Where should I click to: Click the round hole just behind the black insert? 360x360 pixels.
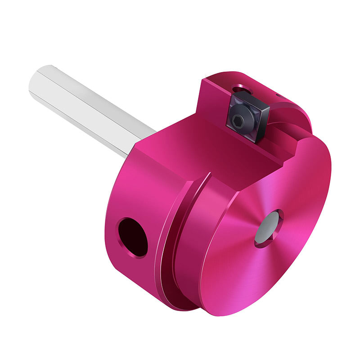tap(239, 87)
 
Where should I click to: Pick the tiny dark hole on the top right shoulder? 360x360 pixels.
tap(278, 95)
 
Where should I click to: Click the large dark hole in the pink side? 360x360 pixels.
tap(133, 237)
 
